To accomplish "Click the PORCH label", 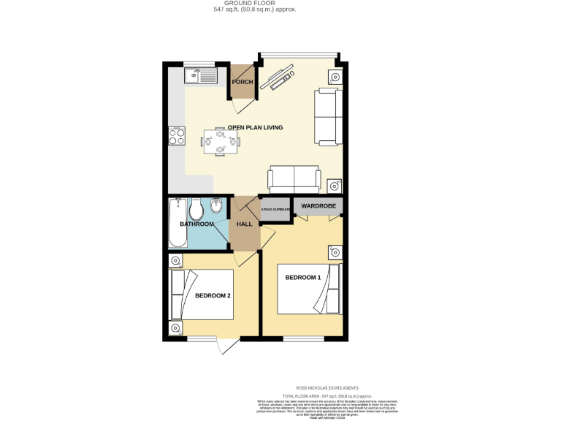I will point(243,82).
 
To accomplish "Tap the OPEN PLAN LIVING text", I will point(255,128).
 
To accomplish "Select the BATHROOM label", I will point(196,224).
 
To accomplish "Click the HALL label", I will point(244,224).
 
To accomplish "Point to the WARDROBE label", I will point(318,206).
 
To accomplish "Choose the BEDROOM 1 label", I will point(302,278).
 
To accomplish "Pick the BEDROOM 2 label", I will point(213,295).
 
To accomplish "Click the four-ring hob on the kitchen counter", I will point(177,136).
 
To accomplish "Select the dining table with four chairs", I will point(219,141).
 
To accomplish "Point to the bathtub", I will point(175,223).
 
